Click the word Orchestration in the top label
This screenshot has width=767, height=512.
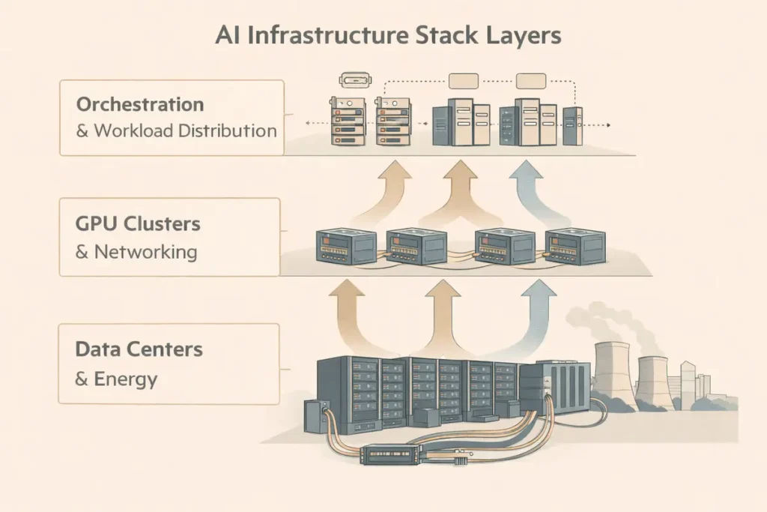pos(140,103)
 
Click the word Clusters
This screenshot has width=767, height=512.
pos(163,223)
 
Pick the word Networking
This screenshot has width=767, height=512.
pos(145,251)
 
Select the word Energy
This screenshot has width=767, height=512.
pos(126,379)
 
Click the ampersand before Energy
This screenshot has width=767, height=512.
pos(82,379)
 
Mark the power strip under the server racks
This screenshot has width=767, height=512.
pos(389,454)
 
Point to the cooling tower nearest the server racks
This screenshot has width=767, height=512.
pos(616,375)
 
